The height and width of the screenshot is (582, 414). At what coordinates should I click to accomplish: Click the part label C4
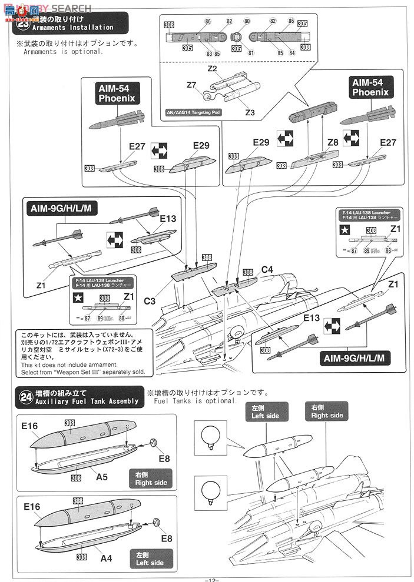coord(267,270)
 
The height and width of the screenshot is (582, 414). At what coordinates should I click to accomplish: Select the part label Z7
coord(191,85)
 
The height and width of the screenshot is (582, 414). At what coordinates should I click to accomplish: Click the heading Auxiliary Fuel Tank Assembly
coord(86,401)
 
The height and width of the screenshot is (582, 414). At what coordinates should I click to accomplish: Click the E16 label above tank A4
coord(32,506)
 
